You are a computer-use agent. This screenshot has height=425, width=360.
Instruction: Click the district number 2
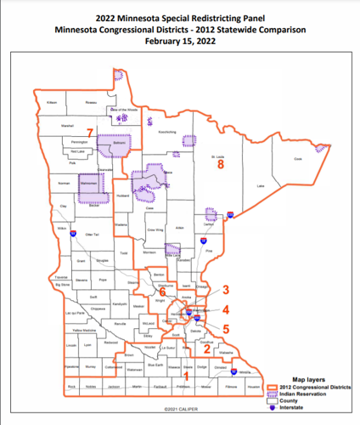coord(206,347)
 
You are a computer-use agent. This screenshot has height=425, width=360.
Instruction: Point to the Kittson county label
coord(52,102)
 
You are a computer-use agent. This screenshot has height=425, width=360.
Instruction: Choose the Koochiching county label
coord(167,132)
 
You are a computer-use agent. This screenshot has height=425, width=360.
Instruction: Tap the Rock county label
coord(71,388)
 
